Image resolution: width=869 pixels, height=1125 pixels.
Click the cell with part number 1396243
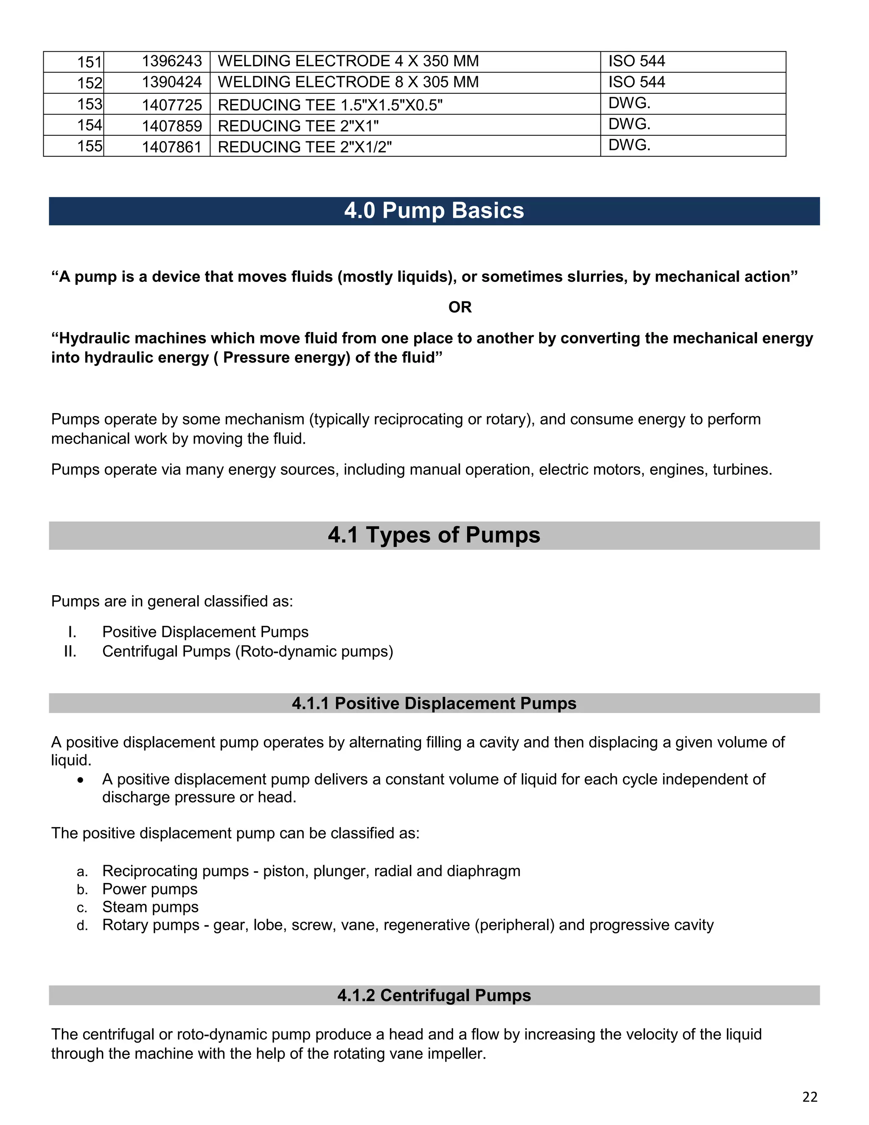tap(171, 61)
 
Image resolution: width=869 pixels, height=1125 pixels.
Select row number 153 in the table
tap(90, 104)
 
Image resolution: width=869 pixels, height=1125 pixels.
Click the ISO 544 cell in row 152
tap(636, 82)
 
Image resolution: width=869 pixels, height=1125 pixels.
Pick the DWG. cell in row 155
tap(629, 145)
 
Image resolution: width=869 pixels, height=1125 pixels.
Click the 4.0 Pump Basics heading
tap(434, 211)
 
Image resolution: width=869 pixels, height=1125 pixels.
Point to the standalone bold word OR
tap(460, 307)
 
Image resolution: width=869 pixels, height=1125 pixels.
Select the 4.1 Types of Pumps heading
tap(434, 535)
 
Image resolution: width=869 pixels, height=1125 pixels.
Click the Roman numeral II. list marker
tap(70, 652)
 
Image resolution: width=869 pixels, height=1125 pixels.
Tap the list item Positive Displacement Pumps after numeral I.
tap(205, 632)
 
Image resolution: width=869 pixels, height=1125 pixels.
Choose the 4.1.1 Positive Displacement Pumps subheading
tap(434, 703)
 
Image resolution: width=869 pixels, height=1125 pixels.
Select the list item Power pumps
tap(150, 889)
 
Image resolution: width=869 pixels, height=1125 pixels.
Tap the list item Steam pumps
tap(150, 907)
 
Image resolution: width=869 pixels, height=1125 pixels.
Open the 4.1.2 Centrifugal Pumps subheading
tap(434, 995)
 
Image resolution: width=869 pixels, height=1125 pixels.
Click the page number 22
tap(809, 1097)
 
